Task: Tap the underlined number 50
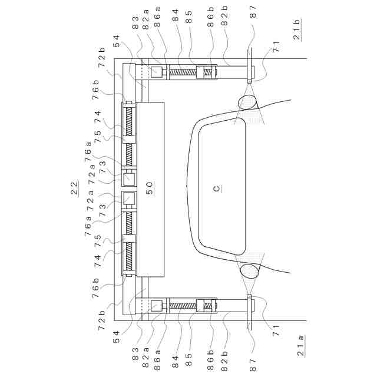(150, 188)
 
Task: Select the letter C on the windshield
(217, 188)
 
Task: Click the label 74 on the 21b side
(95, 115)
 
